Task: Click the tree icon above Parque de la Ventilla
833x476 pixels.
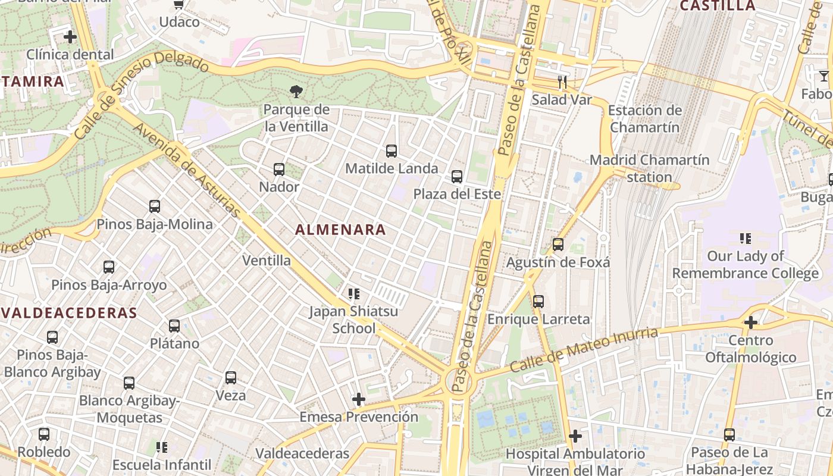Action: pyautogui.click(x=296, y=91)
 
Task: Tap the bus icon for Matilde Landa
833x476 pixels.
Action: pyautogui.click(x=391, y=151)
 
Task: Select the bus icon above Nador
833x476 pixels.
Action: pyautogui.click(x=279, y=170)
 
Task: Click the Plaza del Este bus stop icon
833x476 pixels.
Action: pyautogui.click(x=457, y=177)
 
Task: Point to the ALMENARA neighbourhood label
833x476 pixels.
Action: pyautogui.click(x=340, y=230)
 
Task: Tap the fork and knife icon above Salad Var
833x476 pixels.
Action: pyautogui.click(x=562, y=82)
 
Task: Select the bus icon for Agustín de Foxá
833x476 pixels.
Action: pyautogui.click(x=558, y=244)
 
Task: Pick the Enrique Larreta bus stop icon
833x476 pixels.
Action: pyautogui.click(x=538, y=302)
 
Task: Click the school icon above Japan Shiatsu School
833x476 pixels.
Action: pyautogui.click(x=354, y=293)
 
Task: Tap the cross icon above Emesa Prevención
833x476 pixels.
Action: pyautogui.click(x=358, y=399)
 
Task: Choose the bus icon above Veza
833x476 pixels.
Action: pyautogui.click(x=231, y=377)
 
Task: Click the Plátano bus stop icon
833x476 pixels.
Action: pyautogui.click(x=174, y=326)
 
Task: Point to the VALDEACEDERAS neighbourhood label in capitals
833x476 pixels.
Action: pyautogui.click(x=69, y=313)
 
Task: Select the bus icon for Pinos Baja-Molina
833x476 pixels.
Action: pyautogui.click(x=155, y=206)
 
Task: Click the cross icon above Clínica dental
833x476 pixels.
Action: pyautogui.click(x=70, y=37)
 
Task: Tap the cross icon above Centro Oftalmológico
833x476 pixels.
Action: pyautogui.click(x=751, y=322)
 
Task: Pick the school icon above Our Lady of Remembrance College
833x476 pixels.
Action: pyautogui.click(x=745, y=239)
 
